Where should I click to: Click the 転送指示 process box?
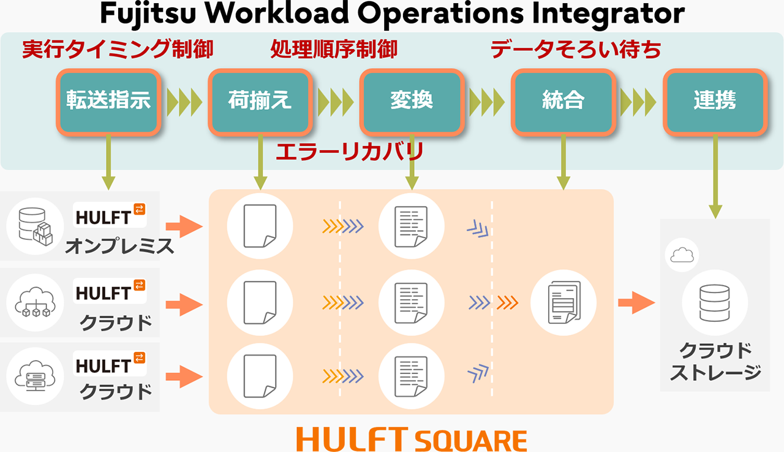pos(108,101)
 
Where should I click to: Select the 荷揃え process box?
pos(260,101)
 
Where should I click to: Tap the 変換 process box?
pos(412,101)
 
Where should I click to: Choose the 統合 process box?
pos(563,101)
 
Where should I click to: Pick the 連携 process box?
pos(714,101)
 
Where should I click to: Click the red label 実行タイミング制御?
pos(118,50)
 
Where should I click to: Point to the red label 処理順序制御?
pos(334,50)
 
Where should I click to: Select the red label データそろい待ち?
pos(576,50)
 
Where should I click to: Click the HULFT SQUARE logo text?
pos(411,439)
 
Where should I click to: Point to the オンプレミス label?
pos(119,247)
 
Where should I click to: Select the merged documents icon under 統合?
pos(563,302)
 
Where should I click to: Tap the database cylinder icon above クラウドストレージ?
pos(714,302)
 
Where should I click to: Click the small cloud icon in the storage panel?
pos(681,255)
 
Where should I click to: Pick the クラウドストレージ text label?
pos(714,361)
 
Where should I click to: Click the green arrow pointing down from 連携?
pos(714,178)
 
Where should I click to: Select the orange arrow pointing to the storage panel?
pos(636,302)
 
